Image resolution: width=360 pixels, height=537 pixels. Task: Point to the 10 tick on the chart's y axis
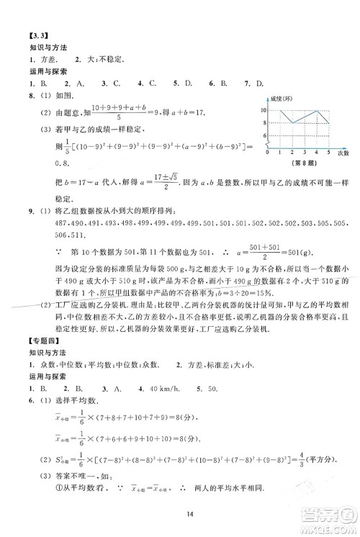pos(263,110)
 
